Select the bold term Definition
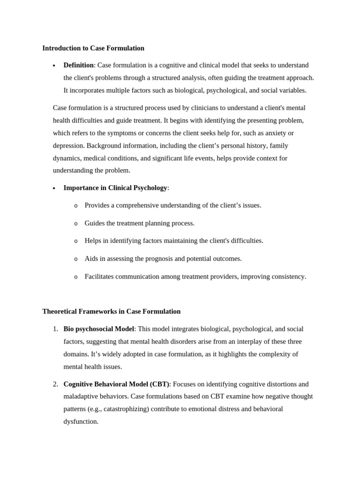click(x=78, y=65)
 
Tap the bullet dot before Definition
click(x=54, y=66)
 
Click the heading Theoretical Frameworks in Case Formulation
click(x=111, y=311)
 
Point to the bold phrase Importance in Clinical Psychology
click(x=115, y=188)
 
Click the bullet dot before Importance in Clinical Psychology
click(x=54, y=188)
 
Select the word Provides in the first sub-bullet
click(x=97, y=205)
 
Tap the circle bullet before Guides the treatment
click(x=76, y=224)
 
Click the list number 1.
click(x=55, y=329)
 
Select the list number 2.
click(x=55, y=384)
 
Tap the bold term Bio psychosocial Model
click(x=98, y=329)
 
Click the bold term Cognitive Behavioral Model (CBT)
click(x=116, y=384)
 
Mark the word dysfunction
click(x=81, y=421)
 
